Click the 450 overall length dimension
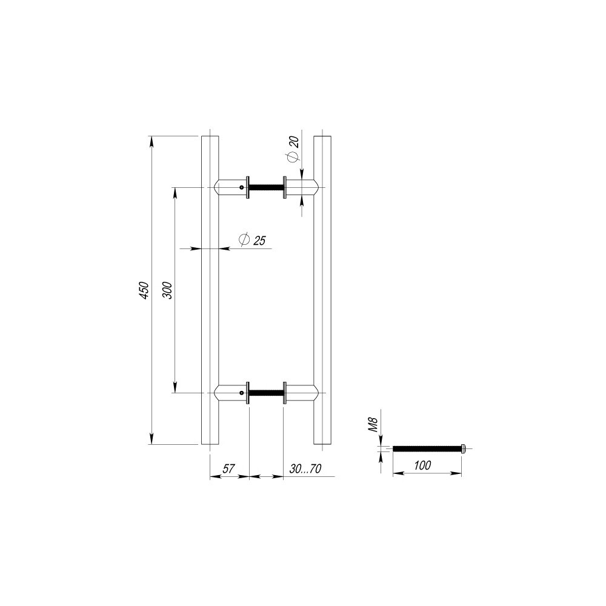[144, 290]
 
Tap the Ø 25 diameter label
[252, 240]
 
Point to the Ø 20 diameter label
[293, 149]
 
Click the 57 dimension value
[228, 469]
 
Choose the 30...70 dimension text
[305, 469]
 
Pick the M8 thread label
[373, 425]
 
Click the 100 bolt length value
[422, 465]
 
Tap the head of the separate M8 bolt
[464, 448]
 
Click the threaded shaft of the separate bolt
[427, 448]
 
